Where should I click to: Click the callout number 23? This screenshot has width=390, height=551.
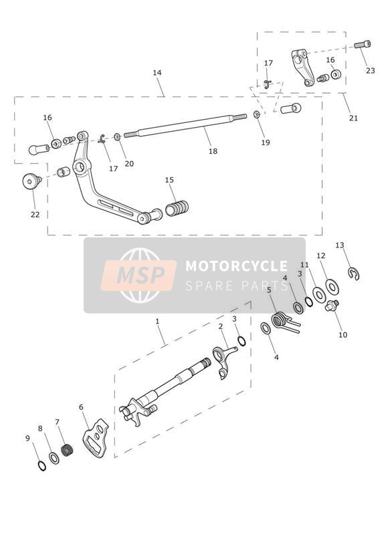coord(371,71)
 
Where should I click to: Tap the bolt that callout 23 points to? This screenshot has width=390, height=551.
coord(362,44)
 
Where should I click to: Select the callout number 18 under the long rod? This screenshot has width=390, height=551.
coord(213,151)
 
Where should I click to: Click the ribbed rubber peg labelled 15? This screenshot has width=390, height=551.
coord(177,208)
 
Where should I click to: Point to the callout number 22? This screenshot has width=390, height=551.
coord(35,215)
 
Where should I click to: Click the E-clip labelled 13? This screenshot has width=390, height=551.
coord(354,273)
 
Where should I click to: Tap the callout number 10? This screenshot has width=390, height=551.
coord(343,335)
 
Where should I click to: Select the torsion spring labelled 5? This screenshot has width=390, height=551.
coord(285,322)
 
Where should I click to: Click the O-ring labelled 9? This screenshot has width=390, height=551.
coord(41,465)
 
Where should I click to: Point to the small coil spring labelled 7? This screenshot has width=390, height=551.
coord(67,451)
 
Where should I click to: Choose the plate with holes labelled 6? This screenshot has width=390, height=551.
coord(95,438)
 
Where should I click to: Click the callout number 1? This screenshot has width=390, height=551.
coord(157,321)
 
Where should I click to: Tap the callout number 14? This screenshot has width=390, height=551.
coord(157,73)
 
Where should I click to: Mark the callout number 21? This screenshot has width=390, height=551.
coord(353,118)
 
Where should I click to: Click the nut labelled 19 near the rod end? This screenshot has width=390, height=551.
coord(257,114)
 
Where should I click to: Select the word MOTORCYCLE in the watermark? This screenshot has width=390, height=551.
coord(237,266)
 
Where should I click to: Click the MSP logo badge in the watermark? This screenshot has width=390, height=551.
coord(138,275)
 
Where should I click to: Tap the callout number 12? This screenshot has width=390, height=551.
coord(321,256)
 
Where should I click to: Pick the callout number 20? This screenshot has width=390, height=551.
coord(129,164)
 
